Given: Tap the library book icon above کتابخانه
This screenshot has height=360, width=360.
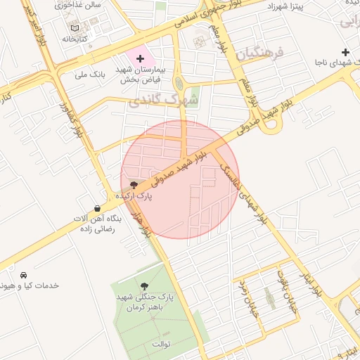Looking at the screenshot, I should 75,28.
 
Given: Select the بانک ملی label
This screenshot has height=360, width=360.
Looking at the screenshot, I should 89,73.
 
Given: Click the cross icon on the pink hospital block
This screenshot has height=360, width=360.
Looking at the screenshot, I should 140,58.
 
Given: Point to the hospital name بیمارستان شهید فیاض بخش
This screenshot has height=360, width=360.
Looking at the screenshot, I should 140,74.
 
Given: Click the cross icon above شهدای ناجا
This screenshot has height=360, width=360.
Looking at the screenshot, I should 345,52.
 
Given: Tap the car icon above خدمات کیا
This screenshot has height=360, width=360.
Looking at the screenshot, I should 25,274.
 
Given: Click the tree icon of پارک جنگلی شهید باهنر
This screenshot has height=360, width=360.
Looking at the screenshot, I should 145,286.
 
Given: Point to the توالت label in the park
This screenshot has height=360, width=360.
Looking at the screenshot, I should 161,344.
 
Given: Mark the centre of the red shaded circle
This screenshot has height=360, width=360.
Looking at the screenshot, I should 180,179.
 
